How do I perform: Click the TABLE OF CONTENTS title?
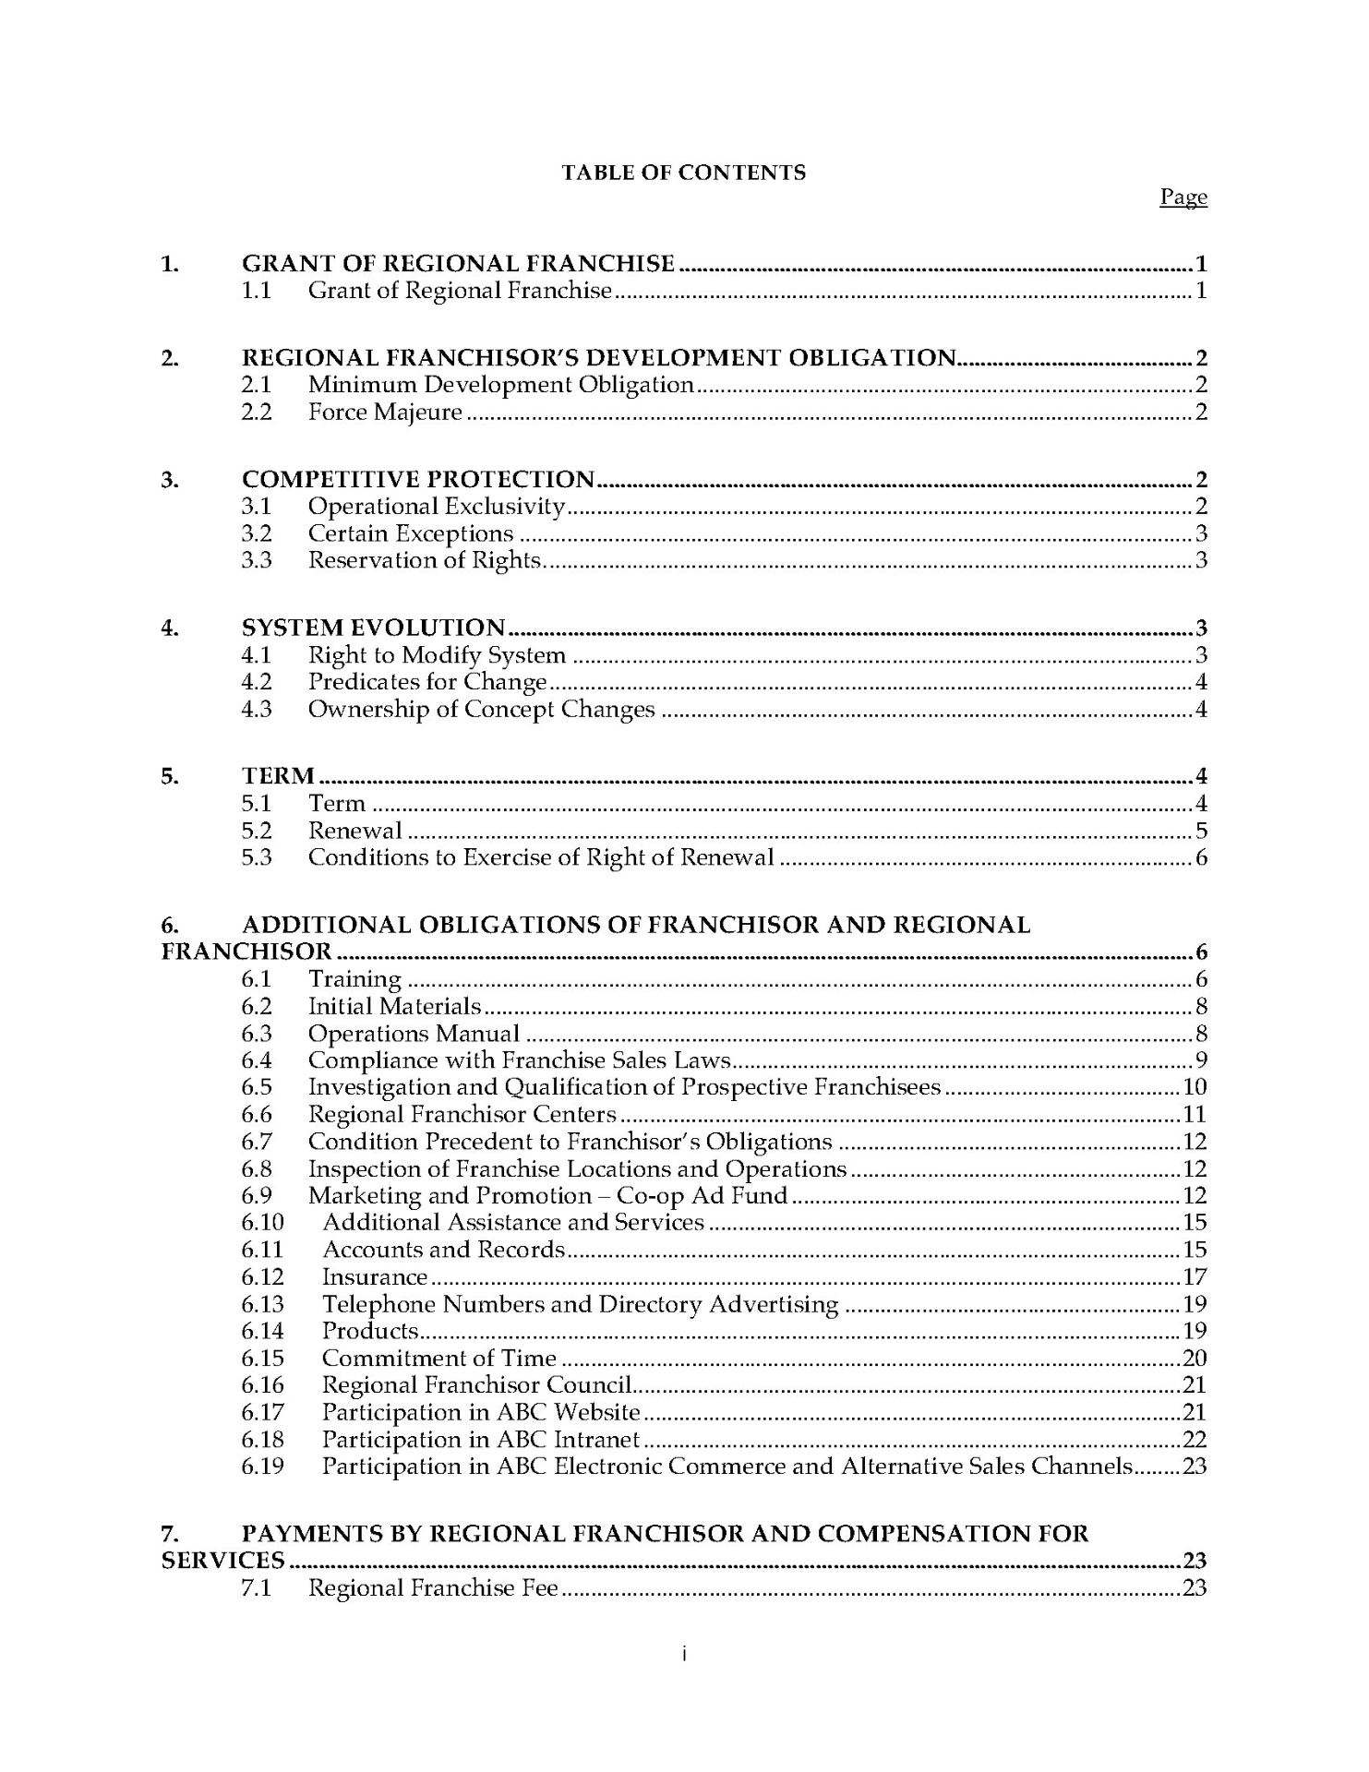click(683, 173)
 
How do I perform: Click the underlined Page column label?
click(1183, 198)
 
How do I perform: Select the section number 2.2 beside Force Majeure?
click(257, 413)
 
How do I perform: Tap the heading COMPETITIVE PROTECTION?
click(418, 479)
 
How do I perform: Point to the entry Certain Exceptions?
click(410, 533)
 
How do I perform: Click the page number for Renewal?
click(1201, 831)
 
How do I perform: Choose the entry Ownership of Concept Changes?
click(481, 710)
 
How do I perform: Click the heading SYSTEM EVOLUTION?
click(373, 629)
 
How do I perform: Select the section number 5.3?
click(257, 857)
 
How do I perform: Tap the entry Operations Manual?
click(414, 1034)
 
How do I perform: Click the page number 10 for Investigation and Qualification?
click(1195, 1087)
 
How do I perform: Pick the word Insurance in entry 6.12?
click(375, 1277)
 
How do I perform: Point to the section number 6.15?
click(262, 1359)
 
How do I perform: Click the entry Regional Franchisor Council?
click(476, 1385)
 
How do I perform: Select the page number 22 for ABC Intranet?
click(1195, 1440)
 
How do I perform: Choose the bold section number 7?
click(169, 1534)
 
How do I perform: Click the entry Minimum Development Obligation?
click(500, 385)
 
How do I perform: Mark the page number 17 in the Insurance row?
click(1195, 1277)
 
